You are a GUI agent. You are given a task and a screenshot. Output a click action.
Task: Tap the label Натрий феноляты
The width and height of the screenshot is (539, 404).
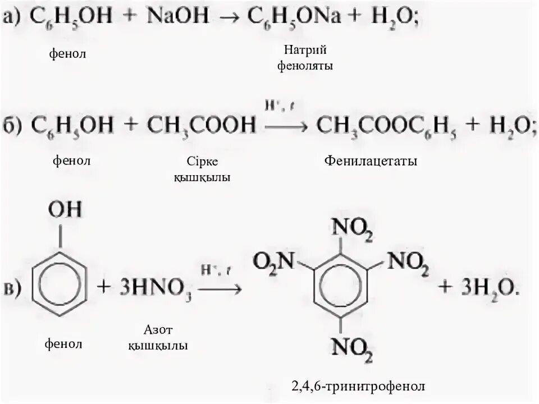[x=305, y=58]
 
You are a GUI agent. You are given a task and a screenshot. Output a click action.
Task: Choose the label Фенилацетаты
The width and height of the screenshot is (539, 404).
[x=371, y=162]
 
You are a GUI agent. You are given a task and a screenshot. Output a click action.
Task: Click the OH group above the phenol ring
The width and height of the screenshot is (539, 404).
[x=65, y=210]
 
